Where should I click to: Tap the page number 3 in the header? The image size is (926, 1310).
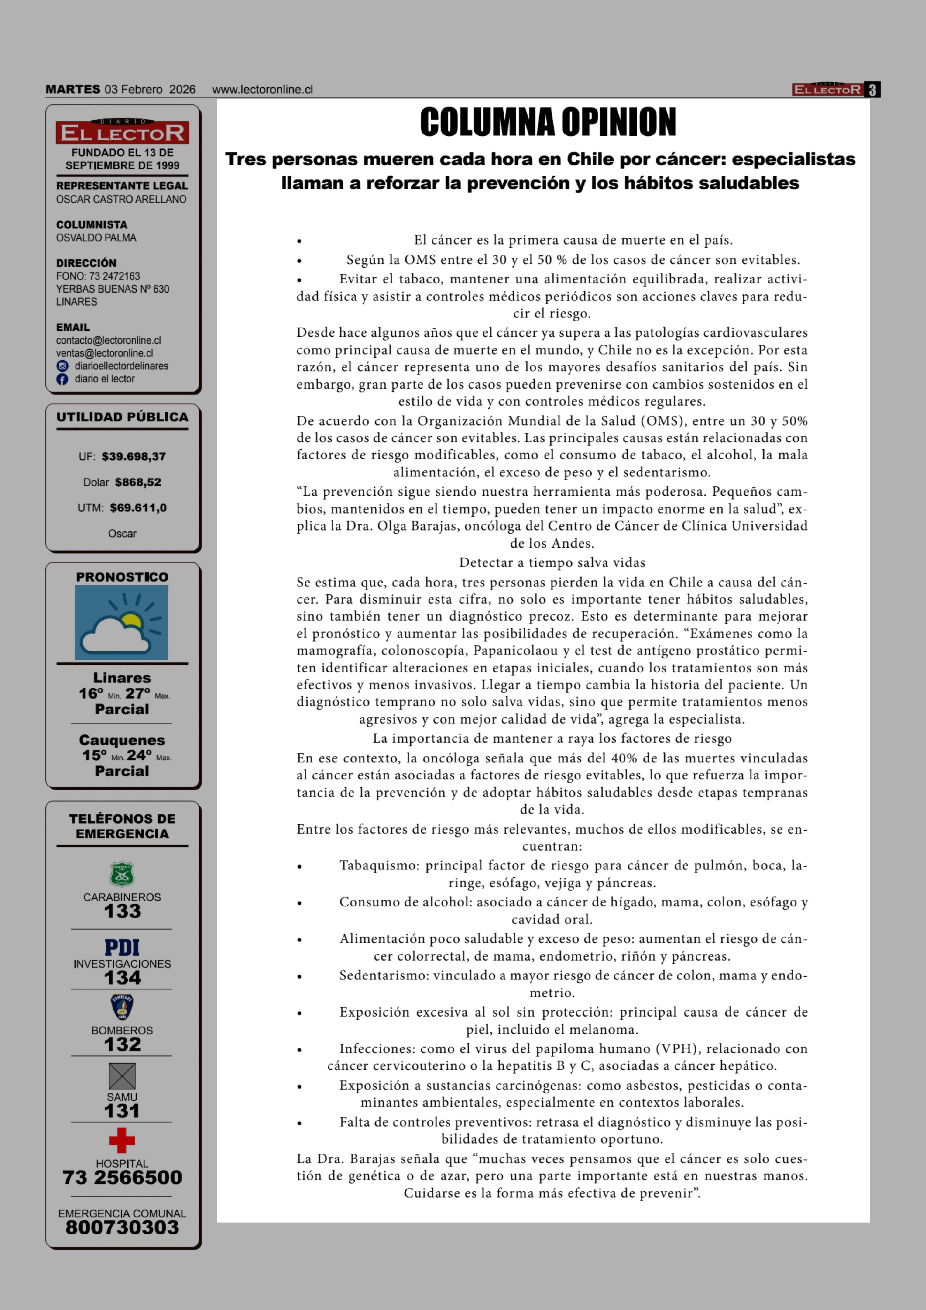point(872,90)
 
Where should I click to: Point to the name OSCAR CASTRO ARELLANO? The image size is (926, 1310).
point(121,199)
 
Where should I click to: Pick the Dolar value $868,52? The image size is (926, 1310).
point(138,482)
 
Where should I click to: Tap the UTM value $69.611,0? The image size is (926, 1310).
point(138,508)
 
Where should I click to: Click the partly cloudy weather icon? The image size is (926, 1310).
point(121,623)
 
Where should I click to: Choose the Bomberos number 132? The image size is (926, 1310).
point(122,1045)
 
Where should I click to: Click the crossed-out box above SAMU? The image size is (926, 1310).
point(122,1076)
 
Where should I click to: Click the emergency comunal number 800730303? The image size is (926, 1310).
point(122,1227)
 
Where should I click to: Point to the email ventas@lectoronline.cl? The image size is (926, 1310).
point(104,353)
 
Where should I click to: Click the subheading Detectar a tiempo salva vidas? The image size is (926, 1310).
point(552,563)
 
